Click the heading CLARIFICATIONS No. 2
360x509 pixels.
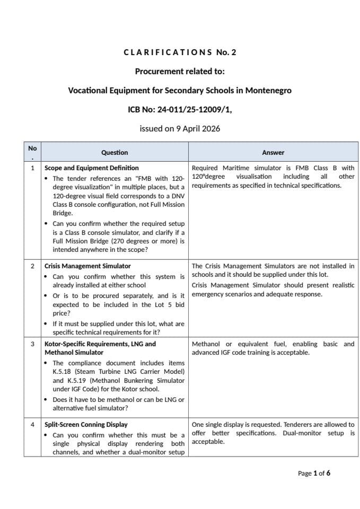(180, 52)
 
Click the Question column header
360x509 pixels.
(115, 152)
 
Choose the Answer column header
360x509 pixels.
(273, 152)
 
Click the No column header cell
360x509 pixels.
(33, 152)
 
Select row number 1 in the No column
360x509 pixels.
(33, 168)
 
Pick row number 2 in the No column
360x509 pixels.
(33, 266)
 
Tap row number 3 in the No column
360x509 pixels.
(33, 344)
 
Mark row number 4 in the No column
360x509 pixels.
(33, 425)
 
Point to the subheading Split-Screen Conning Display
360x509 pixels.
(86, 425)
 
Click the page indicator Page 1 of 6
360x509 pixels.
(314, 473)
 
